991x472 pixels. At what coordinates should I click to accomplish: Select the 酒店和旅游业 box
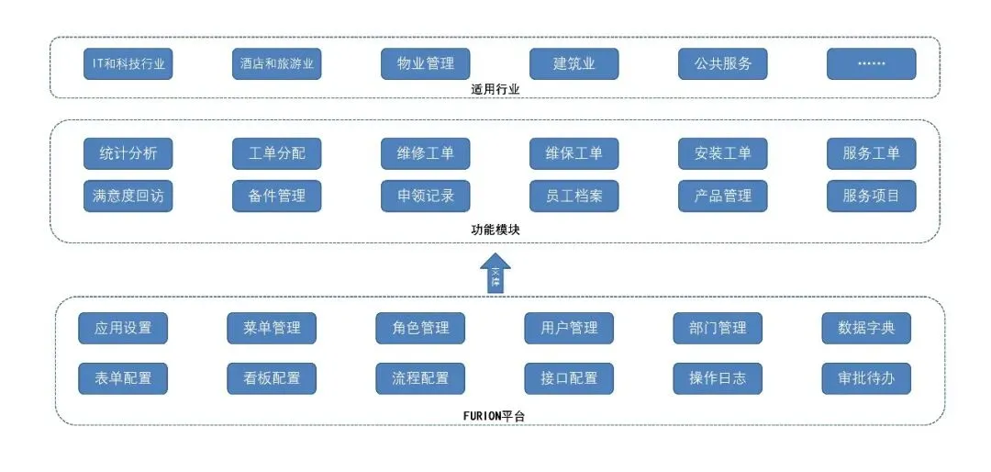[276, 64]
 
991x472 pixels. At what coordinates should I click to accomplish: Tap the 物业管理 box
[426, 64]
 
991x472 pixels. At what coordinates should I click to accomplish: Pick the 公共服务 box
[722, 64]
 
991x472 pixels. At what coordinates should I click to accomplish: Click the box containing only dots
[871, 64]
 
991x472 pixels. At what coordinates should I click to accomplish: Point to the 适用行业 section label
[495, 90]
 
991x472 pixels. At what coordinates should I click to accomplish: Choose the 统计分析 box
[128, 153]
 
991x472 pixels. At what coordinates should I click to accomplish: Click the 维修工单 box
[426, 153]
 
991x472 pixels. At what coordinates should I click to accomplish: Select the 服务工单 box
[871, 153]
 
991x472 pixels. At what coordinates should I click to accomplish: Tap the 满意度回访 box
[128, 196]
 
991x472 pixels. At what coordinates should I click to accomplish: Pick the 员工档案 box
[573, 196]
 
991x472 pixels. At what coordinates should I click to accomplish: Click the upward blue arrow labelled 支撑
[495, 274]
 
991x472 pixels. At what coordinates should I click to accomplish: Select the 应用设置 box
[123, 328]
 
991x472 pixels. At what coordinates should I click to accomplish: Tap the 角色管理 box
[420, 328]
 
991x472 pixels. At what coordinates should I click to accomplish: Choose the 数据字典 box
[866, 328]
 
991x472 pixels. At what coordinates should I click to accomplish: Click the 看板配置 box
[272, 378]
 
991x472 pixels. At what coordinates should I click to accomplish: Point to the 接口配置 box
[569, 378]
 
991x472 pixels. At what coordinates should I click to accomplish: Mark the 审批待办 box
[866, 378]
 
